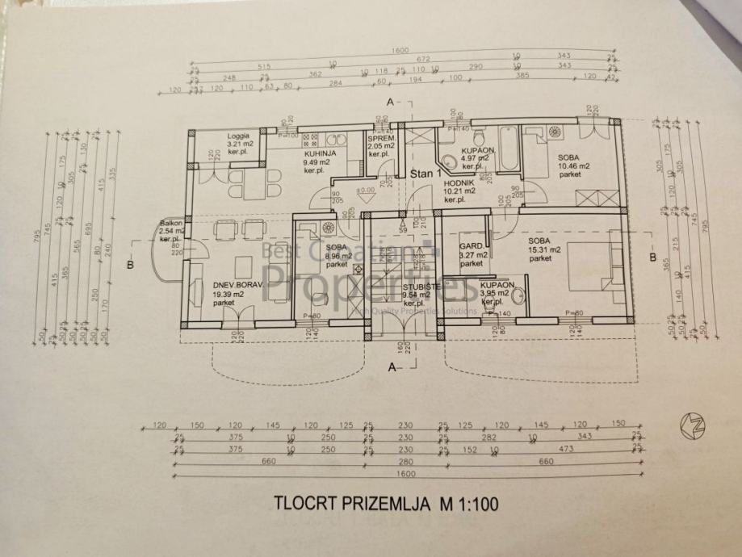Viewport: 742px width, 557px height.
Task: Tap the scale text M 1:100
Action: click(x=469, y=505)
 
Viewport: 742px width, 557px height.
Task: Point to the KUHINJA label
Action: click(x=319, y=153)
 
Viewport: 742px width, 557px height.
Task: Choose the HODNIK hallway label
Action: click(x=459, y=183)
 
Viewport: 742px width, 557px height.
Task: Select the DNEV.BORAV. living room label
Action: click(x=234, y=285)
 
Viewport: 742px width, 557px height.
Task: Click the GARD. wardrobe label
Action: click(x=471, y=245)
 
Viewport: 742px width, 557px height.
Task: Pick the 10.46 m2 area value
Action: click(x=574, y=165)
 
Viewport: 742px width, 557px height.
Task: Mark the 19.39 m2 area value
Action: click(x=229, y=295)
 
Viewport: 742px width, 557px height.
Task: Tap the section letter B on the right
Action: click(x=652, y=258)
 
